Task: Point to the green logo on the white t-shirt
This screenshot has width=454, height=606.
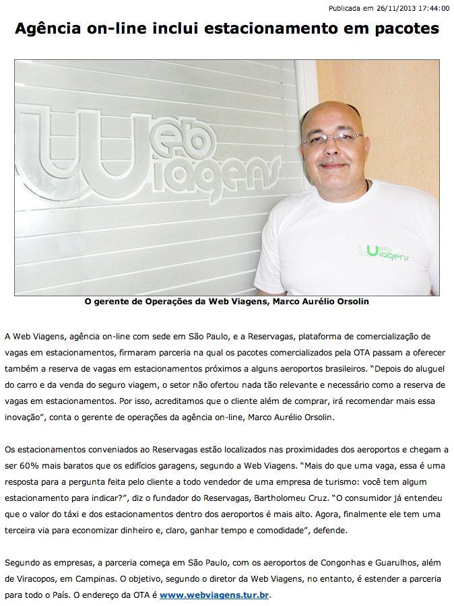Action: [385, 252]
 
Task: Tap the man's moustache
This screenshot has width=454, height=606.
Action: [333, 164]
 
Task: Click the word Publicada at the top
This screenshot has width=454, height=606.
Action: [344, 9]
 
